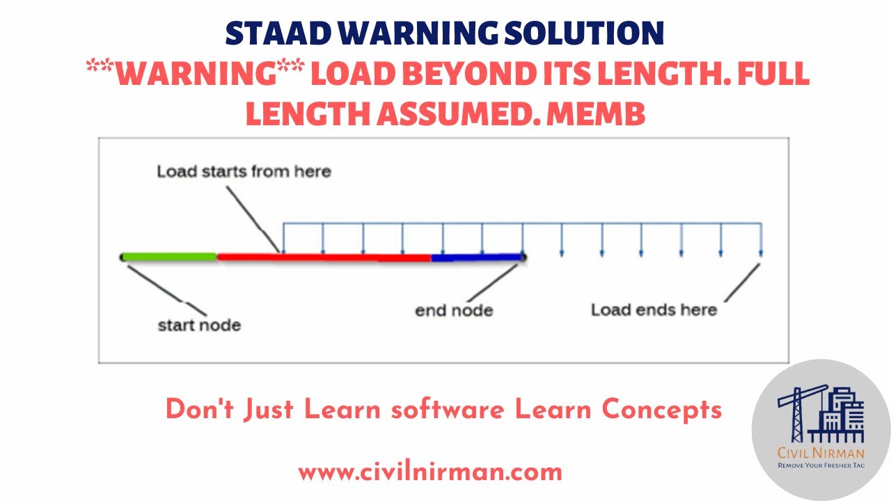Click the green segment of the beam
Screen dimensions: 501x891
[169, 257]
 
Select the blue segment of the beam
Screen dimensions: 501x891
[477, 257]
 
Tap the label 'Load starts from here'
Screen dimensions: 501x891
[243, 171]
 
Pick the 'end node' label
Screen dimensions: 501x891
[454, 310]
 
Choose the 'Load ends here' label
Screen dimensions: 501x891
[654, 310]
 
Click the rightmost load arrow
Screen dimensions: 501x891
[760, 240]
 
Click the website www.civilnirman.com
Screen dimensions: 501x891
[430, 472]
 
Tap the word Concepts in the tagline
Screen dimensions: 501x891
[661, 410]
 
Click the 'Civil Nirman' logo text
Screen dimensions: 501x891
[821, 454]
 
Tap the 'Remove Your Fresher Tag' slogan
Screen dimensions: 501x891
[821, 465]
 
